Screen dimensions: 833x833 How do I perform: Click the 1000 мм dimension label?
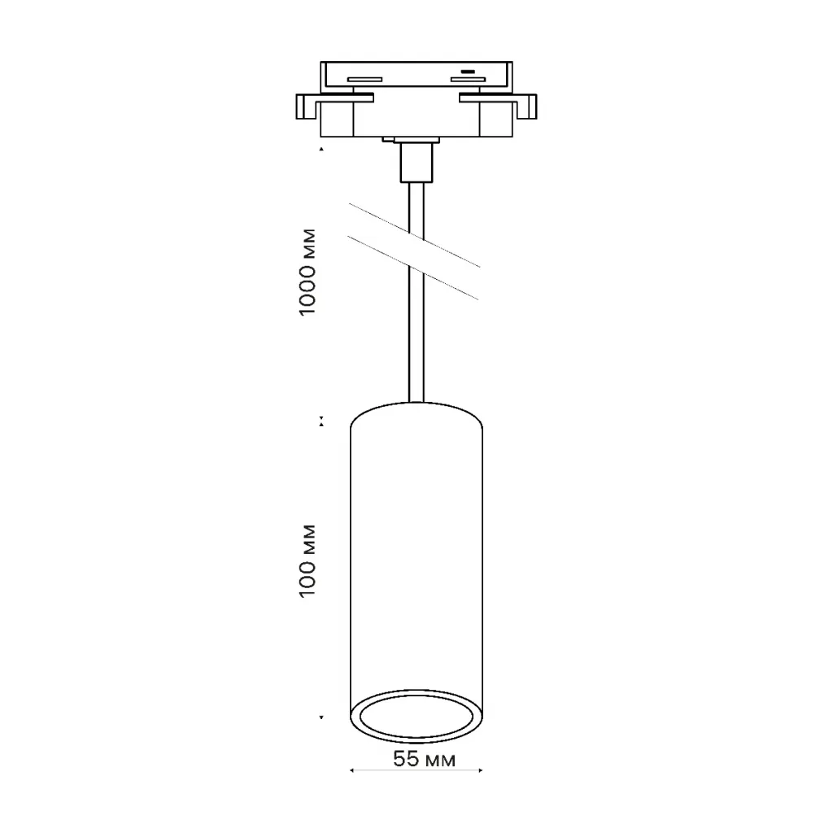coord(307,272)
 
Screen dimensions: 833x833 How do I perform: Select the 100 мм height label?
coord(307,561)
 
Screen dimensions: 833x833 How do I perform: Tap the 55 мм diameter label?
coord(424,759)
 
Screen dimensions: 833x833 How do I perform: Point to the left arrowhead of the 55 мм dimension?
coord(351,770)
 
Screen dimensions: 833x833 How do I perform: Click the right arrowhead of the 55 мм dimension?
coord(481,770)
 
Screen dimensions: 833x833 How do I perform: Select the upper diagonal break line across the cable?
coord(414,235)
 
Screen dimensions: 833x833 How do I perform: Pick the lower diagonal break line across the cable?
coord(412,268)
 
